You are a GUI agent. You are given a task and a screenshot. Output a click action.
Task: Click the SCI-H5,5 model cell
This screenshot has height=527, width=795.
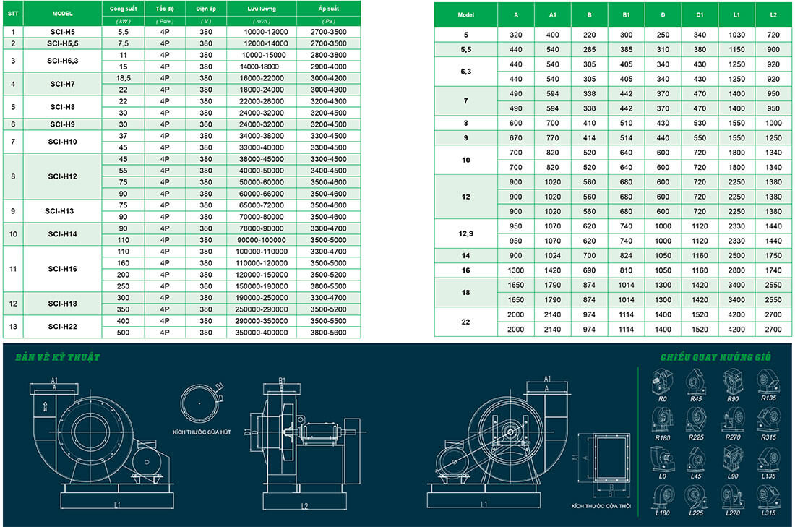pyautogui.click(x=62, y=43)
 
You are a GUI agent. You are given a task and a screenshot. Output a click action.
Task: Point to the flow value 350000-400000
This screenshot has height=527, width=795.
pyautogui.click(x=261, y=333)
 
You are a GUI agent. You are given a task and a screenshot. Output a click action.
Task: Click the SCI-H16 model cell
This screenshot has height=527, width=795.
pyautogui.click(x=62, y=268)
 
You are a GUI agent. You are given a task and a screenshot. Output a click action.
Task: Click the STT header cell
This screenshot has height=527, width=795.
pyautogui.click(x=13, y=13)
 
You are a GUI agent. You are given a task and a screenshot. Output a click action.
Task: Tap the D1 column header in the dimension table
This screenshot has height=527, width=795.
pyautogui.click(x=700, y=14)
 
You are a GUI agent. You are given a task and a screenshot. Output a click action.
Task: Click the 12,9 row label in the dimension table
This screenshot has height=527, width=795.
pyautogui.click(x=465, y=233)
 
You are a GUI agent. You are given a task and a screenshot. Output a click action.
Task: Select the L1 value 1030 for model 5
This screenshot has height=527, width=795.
pyautogui.click(x=736, y=35)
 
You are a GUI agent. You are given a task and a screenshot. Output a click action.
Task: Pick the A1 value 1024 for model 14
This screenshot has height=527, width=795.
pyautogui.click(x=553, y=255)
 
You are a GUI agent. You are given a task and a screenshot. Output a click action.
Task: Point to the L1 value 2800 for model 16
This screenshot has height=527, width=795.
pyautogui.click(x=736, y=270)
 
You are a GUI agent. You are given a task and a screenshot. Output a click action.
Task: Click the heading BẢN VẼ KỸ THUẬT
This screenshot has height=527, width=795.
pyautogui.click(x=51, y=356)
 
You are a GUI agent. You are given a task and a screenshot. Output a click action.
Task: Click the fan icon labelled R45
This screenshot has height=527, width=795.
pyautogui.click(x=697, y=380)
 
